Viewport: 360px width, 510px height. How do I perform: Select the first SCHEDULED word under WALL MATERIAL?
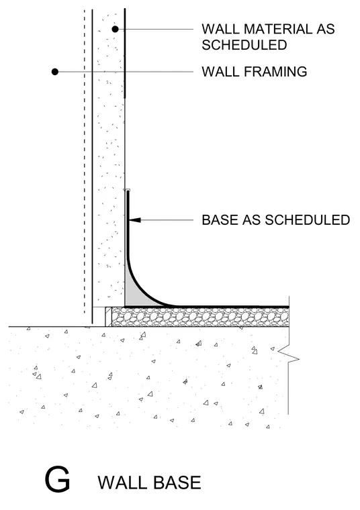(244, 45)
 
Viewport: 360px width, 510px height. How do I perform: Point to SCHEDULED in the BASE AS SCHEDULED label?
(307, 220)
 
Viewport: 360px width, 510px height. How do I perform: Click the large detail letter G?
(57, 479)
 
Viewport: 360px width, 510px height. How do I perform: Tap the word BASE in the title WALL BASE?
(177, 482)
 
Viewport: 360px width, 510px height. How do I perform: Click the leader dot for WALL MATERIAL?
(115, 29)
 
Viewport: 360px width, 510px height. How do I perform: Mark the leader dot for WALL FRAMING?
(55, 72)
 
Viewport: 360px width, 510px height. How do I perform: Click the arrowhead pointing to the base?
(135, 220)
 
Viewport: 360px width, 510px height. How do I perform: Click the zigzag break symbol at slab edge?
(288, 355)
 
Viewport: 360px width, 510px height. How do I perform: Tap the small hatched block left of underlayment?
(108, 317)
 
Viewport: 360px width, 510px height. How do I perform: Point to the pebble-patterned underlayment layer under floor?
(200, 317)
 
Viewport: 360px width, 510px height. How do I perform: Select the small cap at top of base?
(128, 190)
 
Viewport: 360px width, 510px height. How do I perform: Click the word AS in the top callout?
(326, 29)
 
